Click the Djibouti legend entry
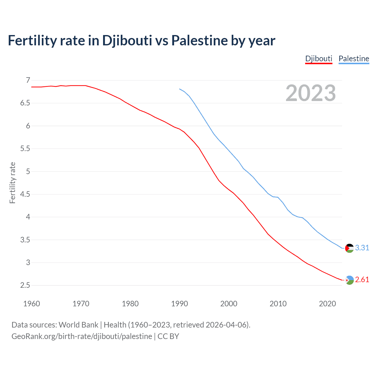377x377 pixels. pos(319,59)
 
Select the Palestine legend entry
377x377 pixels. pos(354,59)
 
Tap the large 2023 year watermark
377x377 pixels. pos(311,93)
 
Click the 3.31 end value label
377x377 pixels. pos(362,248)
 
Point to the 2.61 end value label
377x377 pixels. pos(362,280)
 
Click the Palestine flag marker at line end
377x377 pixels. pos(349,248)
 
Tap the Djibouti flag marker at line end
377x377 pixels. pos(349,280)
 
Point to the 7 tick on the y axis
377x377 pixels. pos(28,80)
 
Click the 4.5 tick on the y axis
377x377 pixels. pos(25,194)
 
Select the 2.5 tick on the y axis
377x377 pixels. pos(25,285)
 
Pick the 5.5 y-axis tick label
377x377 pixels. pos(25,149)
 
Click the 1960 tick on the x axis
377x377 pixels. pos(32,304)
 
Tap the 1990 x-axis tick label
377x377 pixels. pos(179,304)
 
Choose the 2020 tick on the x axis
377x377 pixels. pos(327,304)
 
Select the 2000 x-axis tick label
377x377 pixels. pos(229,304)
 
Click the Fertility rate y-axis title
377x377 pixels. pos(12,183)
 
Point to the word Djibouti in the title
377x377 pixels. pos(127,40)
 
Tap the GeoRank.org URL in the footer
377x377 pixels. pos(82,336)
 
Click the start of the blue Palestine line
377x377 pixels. pos(180,89)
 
